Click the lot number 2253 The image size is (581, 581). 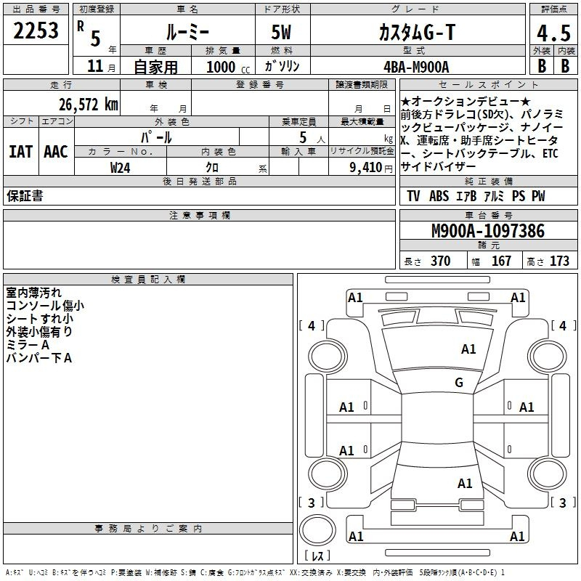pos(36,31)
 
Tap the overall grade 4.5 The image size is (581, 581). pos(553,33)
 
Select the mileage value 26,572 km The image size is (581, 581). pos(89,105)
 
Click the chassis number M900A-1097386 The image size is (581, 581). pos(488,231)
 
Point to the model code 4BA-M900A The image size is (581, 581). pos(416,67)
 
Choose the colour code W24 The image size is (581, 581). pos(120,168)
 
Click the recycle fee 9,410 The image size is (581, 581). pos(366,168)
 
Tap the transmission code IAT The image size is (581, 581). pos(21,152)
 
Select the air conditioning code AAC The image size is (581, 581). pos(56,152)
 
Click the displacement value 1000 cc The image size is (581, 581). pos(228,67)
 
